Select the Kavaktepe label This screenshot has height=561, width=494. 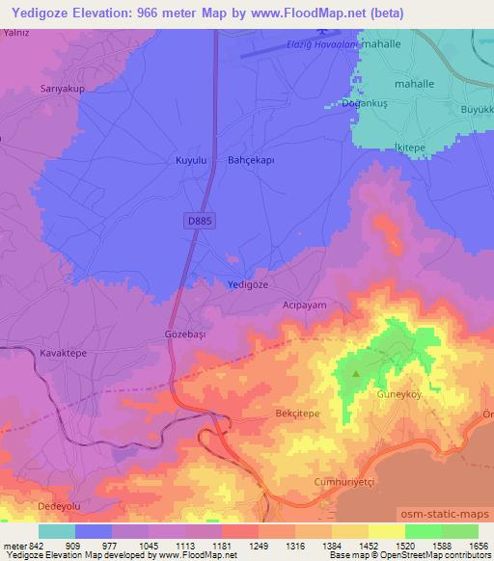64,354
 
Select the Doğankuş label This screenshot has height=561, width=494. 364,102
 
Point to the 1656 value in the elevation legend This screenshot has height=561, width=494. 477,545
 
